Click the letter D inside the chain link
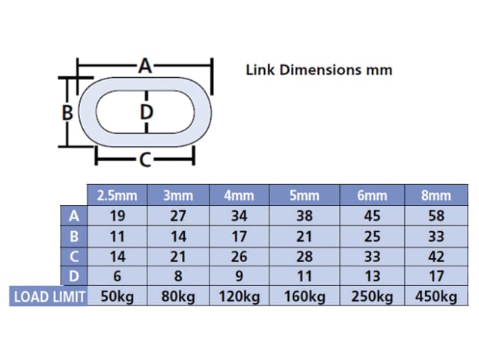coord(147,113)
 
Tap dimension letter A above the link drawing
coord(145,67)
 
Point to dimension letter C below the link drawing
coord(145,159)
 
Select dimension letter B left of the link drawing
coord(67,113)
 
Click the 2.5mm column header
coord(118,196)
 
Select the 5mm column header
coord(304,196)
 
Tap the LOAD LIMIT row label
coord(49,296)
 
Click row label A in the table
coord(73,216)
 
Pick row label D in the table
coord(73,276)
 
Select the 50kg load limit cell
coord(118,296)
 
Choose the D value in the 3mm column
coord(177,276)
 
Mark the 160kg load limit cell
coord(304,296)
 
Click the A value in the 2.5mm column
coord(118,216)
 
